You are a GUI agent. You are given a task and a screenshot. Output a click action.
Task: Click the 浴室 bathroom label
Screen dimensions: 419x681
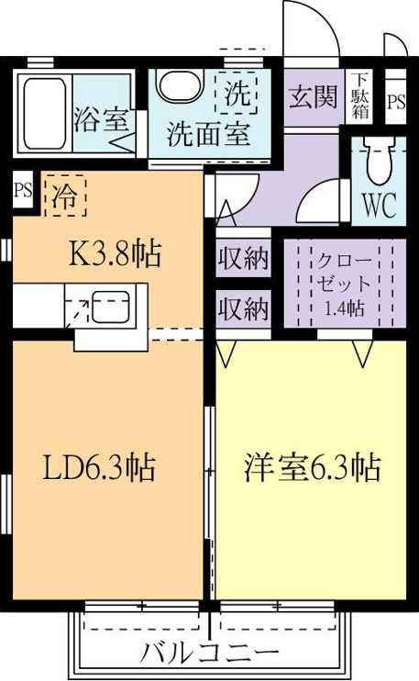click(101, 118)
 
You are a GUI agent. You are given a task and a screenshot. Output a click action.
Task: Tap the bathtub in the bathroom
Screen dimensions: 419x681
click(45, 114)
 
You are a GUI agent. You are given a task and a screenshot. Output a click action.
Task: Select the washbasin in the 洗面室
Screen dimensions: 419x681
click(180, 85)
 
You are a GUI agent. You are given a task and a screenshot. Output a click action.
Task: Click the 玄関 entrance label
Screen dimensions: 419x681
click(314, 96)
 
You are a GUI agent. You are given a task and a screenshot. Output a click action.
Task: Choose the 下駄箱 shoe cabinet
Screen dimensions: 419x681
click(360, 96)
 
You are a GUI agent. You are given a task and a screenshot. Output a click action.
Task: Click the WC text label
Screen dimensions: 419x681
click(380, 205)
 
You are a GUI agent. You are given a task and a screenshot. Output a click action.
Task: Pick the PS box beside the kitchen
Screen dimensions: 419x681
click(23, 190)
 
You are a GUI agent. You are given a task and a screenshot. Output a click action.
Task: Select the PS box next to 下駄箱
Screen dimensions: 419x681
click(396, 102)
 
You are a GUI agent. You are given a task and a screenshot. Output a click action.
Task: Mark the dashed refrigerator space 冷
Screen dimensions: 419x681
click(65, 195)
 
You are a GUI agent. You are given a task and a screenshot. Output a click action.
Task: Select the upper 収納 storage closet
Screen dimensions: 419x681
click(243, 258)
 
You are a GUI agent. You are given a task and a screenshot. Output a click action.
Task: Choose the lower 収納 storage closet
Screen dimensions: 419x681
click(243, 309)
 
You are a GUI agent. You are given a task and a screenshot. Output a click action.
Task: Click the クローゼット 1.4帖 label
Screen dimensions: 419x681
click(345, 284)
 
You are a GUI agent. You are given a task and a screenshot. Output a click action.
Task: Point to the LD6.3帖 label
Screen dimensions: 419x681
click(99, 467)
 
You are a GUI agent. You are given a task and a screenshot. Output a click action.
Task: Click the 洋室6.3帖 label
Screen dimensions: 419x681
click(313, 467)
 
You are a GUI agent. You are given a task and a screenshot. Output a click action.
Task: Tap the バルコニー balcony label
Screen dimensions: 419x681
click(210, 653)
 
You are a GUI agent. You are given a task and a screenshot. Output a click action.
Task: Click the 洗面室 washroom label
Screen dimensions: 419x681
click(209, 134)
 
